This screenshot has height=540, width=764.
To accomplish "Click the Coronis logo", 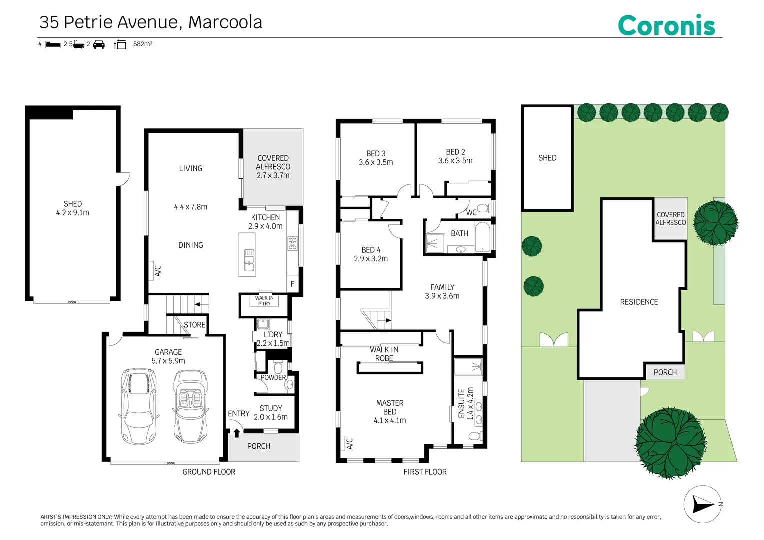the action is (x=666, y=25).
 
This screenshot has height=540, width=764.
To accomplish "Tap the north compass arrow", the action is (x=703, y=504).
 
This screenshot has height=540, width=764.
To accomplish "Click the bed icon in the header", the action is (x=53, y=44).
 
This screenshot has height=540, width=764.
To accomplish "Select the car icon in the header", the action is (x=99, y=44).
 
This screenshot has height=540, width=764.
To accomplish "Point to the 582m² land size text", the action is (x=142, y=44).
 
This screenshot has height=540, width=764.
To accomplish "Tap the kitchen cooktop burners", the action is (x=293, y=243).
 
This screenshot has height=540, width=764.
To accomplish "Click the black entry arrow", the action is (x=237, y=433).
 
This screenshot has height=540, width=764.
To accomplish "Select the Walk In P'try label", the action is (x=264, y=300).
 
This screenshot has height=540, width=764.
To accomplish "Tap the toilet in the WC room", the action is (x=484, y=208).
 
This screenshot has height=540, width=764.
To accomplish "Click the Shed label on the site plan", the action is (x=547, y=158).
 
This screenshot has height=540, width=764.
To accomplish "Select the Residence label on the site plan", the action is (x=639, y=302).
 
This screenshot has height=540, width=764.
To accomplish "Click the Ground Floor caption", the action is (x=209, y=472).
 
